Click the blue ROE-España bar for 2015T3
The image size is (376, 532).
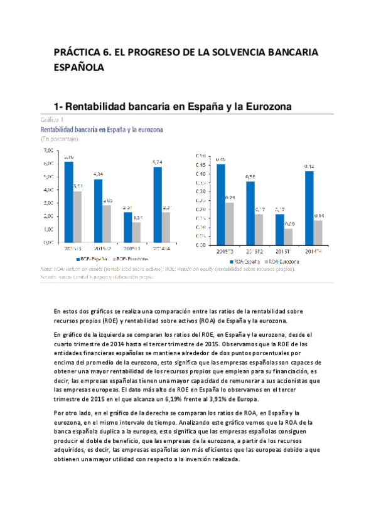coord(68,201)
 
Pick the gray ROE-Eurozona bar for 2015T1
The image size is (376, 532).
coord(136,232)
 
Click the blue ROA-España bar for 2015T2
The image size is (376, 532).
coord(250,213)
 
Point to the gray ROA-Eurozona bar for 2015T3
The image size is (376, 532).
coord(230,223)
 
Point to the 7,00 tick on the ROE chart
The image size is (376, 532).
coord(48,151)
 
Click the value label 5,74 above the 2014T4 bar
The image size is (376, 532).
coord(158,162)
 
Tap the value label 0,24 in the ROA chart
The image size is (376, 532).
coord(230,198)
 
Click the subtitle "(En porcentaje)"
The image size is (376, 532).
coord(60,137)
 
